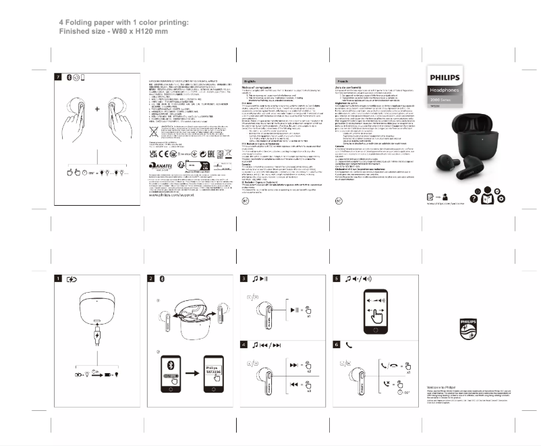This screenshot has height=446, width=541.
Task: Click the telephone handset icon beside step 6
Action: (349, 345)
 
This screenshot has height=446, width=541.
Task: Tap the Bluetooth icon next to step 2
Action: (161, 278)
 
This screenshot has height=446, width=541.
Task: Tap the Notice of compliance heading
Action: (257, 88)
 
